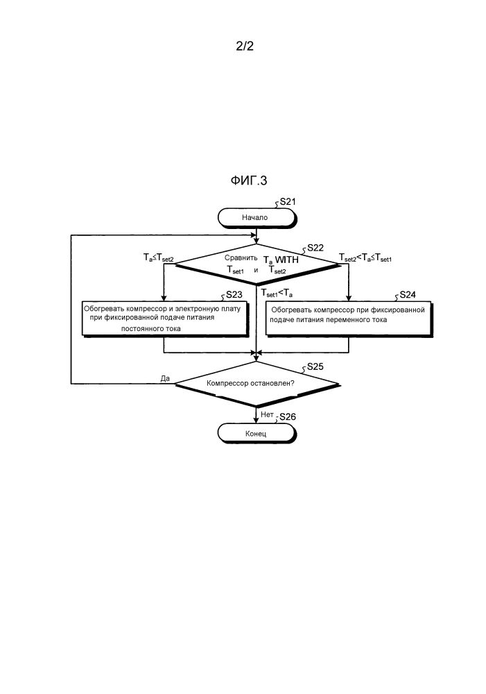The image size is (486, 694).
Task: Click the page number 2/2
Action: point(247,47)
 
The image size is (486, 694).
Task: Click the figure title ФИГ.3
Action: point(249,181)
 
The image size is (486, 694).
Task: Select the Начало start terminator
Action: point(255,217)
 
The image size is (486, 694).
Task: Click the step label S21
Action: point(287,202)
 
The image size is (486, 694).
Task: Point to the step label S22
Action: point(315,248)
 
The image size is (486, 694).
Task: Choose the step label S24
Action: point(408,294)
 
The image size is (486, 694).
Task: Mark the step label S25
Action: point(315,365)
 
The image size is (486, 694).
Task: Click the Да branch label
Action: point(165,378)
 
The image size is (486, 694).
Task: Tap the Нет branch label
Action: point(267,414)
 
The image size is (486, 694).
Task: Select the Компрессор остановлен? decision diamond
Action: point(256,383)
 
